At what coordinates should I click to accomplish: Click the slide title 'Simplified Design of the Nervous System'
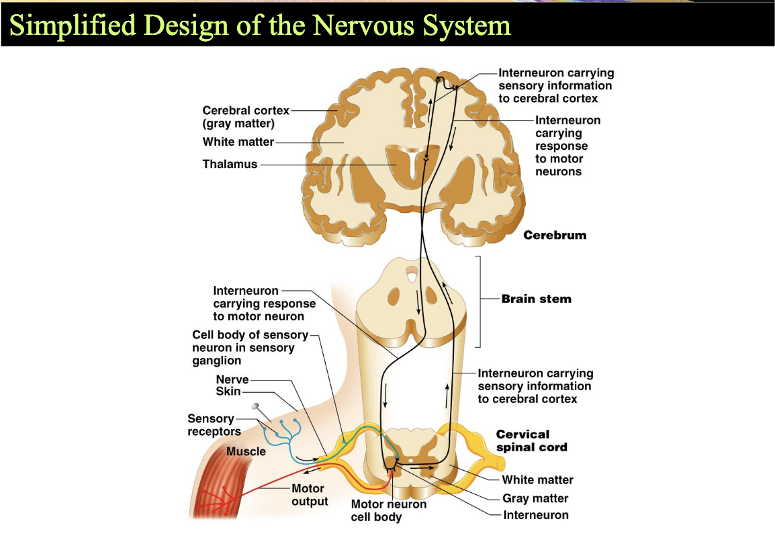coord(260,25)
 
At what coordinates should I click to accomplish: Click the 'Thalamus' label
coord(230,164)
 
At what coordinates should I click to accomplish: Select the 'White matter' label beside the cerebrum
coord(238,142)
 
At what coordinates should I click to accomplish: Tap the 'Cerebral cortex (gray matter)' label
coord(246,117)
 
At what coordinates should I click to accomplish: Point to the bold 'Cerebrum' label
coord(555,235)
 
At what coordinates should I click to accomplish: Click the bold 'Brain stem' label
coord(537,298)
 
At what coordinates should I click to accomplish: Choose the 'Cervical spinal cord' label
coord(532,441)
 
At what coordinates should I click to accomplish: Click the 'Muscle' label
coord(246,451)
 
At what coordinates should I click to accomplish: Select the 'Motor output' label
coord(310,495)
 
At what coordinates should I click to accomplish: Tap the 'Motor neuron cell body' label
coord(388,510)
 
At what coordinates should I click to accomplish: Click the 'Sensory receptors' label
coord(214,425)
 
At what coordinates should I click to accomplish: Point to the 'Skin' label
coord(228,392)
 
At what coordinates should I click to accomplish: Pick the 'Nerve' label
coord(232,379)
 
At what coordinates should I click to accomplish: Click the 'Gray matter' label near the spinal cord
coord(535,498)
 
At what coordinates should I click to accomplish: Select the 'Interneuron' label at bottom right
coord(536,515)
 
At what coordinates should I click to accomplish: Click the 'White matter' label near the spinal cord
coord(538,480)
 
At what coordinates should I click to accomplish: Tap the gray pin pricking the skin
coord(261,412)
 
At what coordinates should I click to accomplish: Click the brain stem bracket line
coord(480,302)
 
